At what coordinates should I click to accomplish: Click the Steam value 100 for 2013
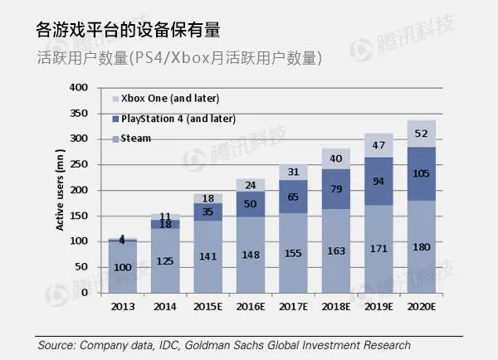122,267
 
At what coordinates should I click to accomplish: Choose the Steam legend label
135,139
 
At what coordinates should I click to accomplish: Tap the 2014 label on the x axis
165,307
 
